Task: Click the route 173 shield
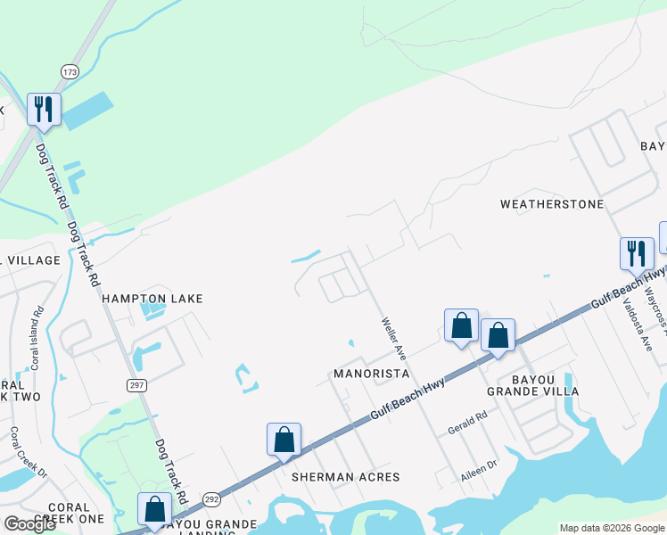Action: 70,70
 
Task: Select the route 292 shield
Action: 211,500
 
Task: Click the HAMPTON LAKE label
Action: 152,299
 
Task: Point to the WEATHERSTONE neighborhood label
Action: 552,204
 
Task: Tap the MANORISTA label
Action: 371,373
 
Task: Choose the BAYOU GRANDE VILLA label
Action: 532,384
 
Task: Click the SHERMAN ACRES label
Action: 344,477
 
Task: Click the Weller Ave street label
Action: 394,339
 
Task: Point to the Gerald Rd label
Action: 467,423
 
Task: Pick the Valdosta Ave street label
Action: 635,320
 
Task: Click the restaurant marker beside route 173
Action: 44,111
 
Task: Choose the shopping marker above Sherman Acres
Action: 284,440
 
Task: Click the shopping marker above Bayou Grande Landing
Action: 155,509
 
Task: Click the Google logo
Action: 29,523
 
